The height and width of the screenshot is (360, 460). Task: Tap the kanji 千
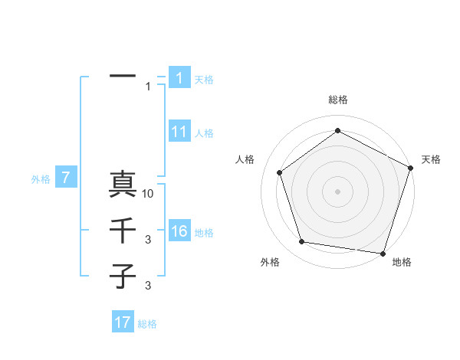(x=123, y=231)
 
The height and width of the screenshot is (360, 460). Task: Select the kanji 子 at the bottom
(x=123, y=275)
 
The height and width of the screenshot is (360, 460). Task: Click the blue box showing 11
(x=179, y=132)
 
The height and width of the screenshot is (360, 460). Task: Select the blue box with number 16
(x=179, y=231)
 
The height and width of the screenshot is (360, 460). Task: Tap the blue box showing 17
(x=123, y=322)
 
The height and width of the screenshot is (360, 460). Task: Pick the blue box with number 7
(x=66, y=178)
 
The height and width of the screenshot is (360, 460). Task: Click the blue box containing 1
(x=179, y=78)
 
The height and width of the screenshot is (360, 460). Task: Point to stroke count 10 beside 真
(x=149, y=194)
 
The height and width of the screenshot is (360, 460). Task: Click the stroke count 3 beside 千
(x=148, y=241)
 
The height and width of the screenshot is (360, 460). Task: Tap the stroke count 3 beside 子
(x=148, y=286)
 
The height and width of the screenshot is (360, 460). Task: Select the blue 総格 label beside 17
(x=147, y=324)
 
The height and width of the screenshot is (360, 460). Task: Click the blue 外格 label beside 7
(x=41, y=179)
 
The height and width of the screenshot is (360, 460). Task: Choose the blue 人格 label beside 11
(x=204, y=133)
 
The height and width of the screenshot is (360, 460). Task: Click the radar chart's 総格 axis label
(x=337, y=100)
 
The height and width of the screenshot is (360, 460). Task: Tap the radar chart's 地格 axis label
(x=402, y=263)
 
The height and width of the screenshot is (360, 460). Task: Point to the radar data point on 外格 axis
(x=302, y=242)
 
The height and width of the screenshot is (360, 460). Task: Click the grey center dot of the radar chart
(x=337, y=191)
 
